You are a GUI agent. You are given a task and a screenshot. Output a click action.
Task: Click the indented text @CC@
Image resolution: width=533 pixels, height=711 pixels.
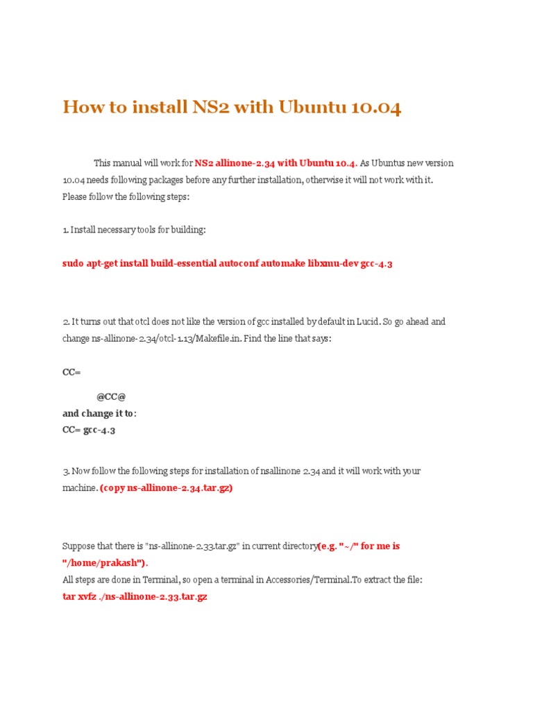tap(111, 396)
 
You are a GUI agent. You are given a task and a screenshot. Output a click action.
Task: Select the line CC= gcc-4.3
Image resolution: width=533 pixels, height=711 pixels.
tap(89, 430)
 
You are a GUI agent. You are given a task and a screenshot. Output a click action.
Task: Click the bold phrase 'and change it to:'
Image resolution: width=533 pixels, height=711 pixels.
tap(99, 413)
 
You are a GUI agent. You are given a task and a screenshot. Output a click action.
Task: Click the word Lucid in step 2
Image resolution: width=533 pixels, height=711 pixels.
tap(369, 321)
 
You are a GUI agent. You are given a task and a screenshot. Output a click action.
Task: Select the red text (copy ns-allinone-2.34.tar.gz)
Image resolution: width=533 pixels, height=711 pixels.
tap(167, 487)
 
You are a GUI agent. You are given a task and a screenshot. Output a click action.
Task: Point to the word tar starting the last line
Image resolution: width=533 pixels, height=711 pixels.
tap(69, 596)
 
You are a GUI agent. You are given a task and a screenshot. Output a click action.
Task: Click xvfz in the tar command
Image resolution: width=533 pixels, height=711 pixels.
tap(90, 596)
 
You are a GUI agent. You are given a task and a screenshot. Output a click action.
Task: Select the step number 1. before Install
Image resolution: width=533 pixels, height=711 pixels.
tap(65, 229)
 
